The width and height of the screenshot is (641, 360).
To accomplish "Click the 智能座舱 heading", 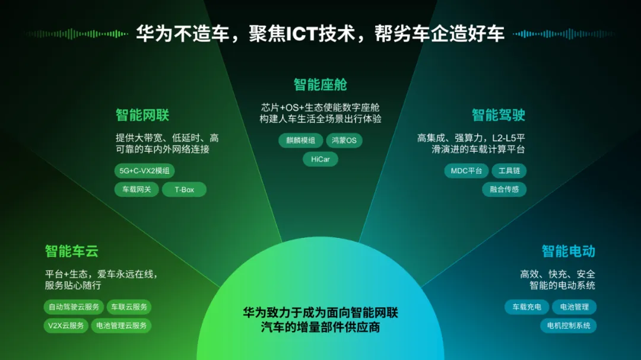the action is click(320, 85).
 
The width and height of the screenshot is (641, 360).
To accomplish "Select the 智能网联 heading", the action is click(142, 115).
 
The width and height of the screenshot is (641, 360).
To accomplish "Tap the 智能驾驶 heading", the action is click(499, 115).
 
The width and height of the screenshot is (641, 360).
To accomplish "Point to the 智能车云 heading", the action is click(72, 251).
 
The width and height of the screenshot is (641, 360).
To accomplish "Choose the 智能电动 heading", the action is click(568, 251).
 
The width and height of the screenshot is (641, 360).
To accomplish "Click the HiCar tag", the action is click(320, 160).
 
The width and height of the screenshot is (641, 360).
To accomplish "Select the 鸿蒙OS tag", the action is click(344, 141).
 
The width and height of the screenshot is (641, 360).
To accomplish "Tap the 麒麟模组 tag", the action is click(300, 141).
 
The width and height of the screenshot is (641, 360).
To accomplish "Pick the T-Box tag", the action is click(184, 190).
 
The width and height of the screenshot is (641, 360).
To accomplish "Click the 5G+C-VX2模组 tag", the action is click(144, 171).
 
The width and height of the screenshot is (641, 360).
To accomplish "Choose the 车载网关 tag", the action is click(137, 190).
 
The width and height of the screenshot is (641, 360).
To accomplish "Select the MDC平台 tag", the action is click(467, 171).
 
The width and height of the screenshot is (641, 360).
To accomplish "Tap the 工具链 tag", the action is click(509, 171).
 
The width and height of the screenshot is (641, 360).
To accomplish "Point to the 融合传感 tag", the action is click(504, 190).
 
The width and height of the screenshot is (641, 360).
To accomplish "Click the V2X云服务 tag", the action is click(66, 326).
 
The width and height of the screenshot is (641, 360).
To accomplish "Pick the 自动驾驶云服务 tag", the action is click(74, 307).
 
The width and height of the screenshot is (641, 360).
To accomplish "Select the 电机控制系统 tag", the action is click(568, 326).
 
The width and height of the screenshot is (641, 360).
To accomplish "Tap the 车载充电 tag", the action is click(526, 307).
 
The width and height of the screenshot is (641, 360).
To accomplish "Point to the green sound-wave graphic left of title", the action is click(77, 34).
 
